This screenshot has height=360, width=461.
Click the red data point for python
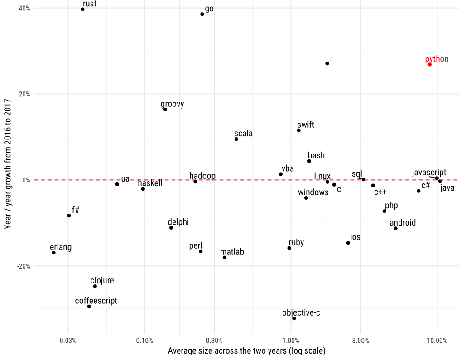click(429, 64)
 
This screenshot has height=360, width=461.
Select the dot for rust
click(82, 9)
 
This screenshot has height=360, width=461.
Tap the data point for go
click(202, 14)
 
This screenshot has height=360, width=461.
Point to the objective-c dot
click(294, 318)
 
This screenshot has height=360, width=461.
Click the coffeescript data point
click(89, 307)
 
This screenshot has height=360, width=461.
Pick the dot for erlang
click(53, 253)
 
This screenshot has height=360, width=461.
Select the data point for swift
click(298, 130)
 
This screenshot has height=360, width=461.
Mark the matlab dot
click(224, 258)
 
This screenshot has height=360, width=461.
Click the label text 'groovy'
click(172, 104)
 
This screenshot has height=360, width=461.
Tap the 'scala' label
click(243, 134)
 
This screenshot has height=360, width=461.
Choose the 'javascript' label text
click(429, 173)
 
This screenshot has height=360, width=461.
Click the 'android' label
click(402, 222)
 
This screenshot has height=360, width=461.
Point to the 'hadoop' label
click(202, 176)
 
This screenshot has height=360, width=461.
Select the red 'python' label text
click(437, 59)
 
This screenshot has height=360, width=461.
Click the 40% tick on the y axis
click(24, 8)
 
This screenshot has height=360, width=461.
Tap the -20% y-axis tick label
click(23, 266)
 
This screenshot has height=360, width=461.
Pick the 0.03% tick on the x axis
click(68, 341)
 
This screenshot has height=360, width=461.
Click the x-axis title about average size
click(246, 351)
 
